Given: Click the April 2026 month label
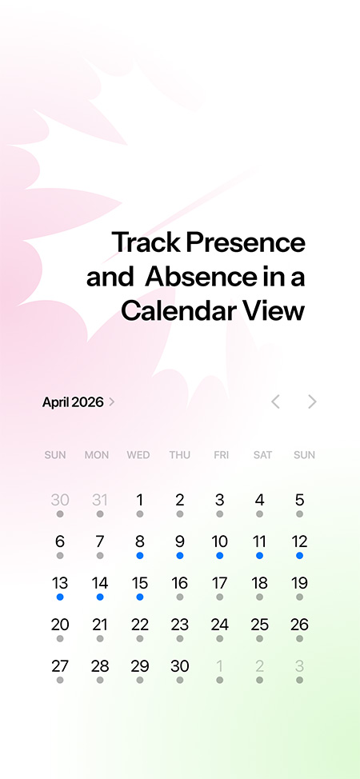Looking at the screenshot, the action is (x=73, y=402).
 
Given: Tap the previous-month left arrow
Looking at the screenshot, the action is (x=275, y=401).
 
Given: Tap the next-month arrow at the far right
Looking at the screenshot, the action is (x=312, y=401).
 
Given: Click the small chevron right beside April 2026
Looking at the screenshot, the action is (x=111, y=401).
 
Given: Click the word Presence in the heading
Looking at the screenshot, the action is (x=246, y=242).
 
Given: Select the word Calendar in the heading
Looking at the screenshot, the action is (x=178, y=311).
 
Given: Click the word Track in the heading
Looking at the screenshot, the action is (x=146, y=242).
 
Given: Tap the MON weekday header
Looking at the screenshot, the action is (x=97, y=455).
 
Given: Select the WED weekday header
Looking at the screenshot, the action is (x=138, y=455).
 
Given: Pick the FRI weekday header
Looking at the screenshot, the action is (x=222, y=455).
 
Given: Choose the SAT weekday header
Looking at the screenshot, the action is (x=262, y=455).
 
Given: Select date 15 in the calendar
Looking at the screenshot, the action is (x=140, y=583).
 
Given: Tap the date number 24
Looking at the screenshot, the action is (x=220, y=625).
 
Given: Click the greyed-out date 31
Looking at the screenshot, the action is (x=100, y=500).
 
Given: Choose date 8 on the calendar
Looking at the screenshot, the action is (x=140, y=541).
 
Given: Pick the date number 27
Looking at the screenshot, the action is (x=60, y=666).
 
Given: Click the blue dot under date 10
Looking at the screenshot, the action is (x=220, y=555).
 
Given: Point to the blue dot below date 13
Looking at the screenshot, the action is (x=60, y=597).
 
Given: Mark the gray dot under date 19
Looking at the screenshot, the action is (x=299, y=597).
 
